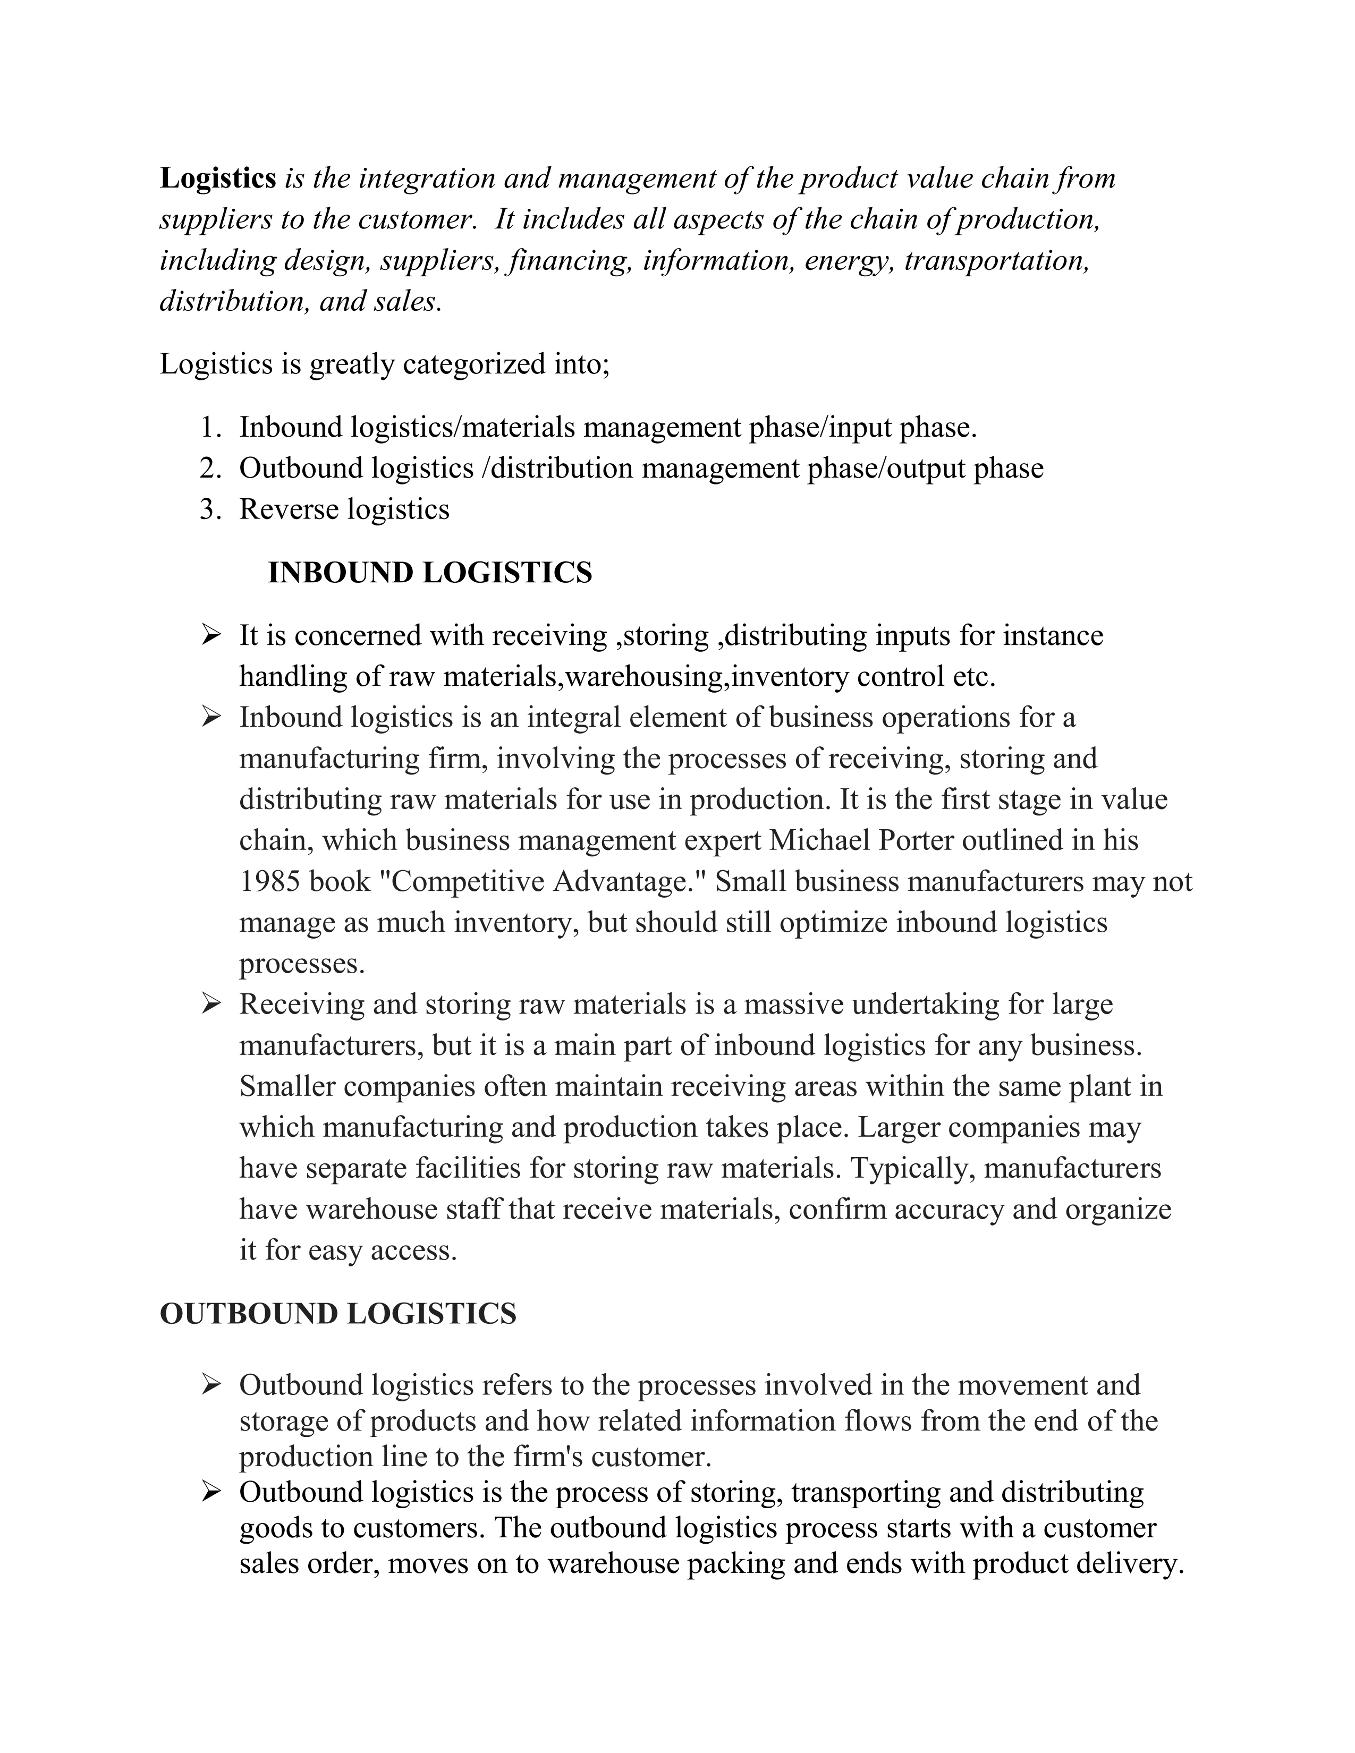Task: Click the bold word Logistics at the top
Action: [x=217, y=178]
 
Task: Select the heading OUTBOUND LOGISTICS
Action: [x=338, y=1314]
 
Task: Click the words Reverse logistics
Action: [x=344, y=509]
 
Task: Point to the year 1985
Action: [x=270, y=882]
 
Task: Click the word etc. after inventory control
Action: [x=973, y=677]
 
